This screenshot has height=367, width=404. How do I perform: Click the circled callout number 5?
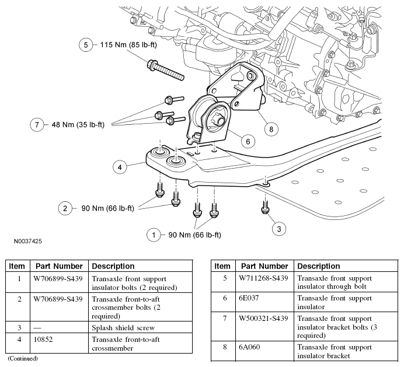86,45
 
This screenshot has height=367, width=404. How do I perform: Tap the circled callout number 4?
119,167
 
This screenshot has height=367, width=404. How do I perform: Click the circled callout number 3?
279,229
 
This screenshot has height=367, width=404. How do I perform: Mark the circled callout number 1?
154,235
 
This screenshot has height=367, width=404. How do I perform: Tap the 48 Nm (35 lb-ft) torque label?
78,124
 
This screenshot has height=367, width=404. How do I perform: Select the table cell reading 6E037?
249,298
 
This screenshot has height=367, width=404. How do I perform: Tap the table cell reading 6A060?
250,348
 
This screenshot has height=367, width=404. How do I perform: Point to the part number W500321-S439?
264,318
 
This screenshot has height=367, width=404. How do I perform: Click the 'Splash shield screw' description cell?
123,327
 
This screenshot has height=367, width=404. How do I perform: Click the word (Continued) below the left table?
22,358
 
